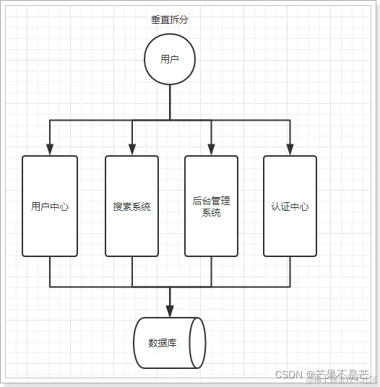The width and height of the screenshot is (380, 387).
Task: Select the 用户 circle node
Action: [170, 59]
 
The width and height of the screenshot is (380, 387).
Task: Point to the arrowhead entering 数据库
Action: [170, 311]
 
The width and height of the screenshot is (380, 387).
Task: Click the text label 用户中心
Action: [50, 206]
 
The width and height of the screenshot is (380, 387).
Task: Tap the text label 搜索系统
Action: [132, 206]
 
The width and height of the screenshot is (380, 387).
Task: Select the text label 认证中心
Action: [290, 206]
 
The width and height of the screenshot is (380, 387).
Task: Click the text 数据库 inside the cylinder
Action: [163, 342]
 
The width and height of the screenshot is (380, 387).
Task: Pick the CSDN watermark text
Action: [290, 375]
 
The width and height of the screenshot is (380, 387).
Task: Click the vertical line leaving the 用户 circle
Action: [170, 101]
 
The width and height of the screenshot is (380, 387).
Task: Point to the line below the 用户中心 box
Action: [50, 271]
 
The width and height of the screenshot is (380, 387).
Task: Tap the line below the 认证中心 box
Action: [290, 271]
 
